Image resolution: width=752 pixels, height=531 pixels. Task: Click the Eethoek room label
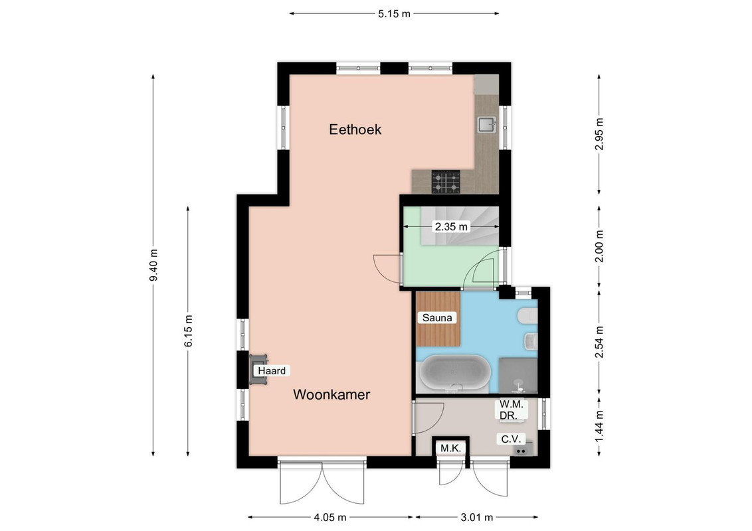(x=355, y=129)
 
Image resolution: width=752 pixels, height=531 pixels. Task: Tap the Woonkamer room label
(x=331, y=394)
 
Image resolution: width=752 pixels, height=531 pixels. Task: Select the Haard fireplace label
(x=272, y=370)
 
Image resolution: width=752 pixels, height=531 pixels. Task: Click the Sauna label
(x=437, y=318)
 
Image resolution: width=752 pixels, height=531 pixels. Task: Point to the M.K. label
(x=450, y=449)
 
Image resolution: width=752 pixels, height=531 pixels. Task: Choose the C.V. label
(x=511, y=439)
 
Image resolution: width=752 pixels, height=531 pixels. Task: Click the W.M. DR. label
(x=512, y=410)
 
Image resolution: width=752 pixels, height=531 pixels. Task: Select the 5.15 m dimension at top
(x=394, y=14)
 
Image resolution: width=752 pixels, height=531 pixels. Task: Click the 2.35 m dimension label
(x=451, y=226)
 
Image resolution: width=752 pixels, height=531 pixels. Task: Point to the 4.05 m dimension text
(x=330, y=518)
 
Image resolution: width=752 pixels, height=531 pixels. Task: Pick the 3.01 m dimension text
(x=477, y=518)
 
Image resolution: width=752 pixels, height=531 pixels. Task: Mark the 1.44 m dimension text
(x=599, y=427)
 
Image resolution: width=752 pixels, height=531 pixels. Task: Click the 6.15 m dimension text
(x=188, y=331)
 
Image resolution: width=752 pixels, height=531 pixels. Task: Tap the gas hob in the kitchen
(x=446, y=182)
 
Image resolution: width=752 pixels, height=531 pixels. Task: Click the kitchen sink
(x=487, y=125)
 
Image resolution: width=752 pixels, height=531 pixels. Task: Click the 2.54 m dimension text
(x=599, y=342)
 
